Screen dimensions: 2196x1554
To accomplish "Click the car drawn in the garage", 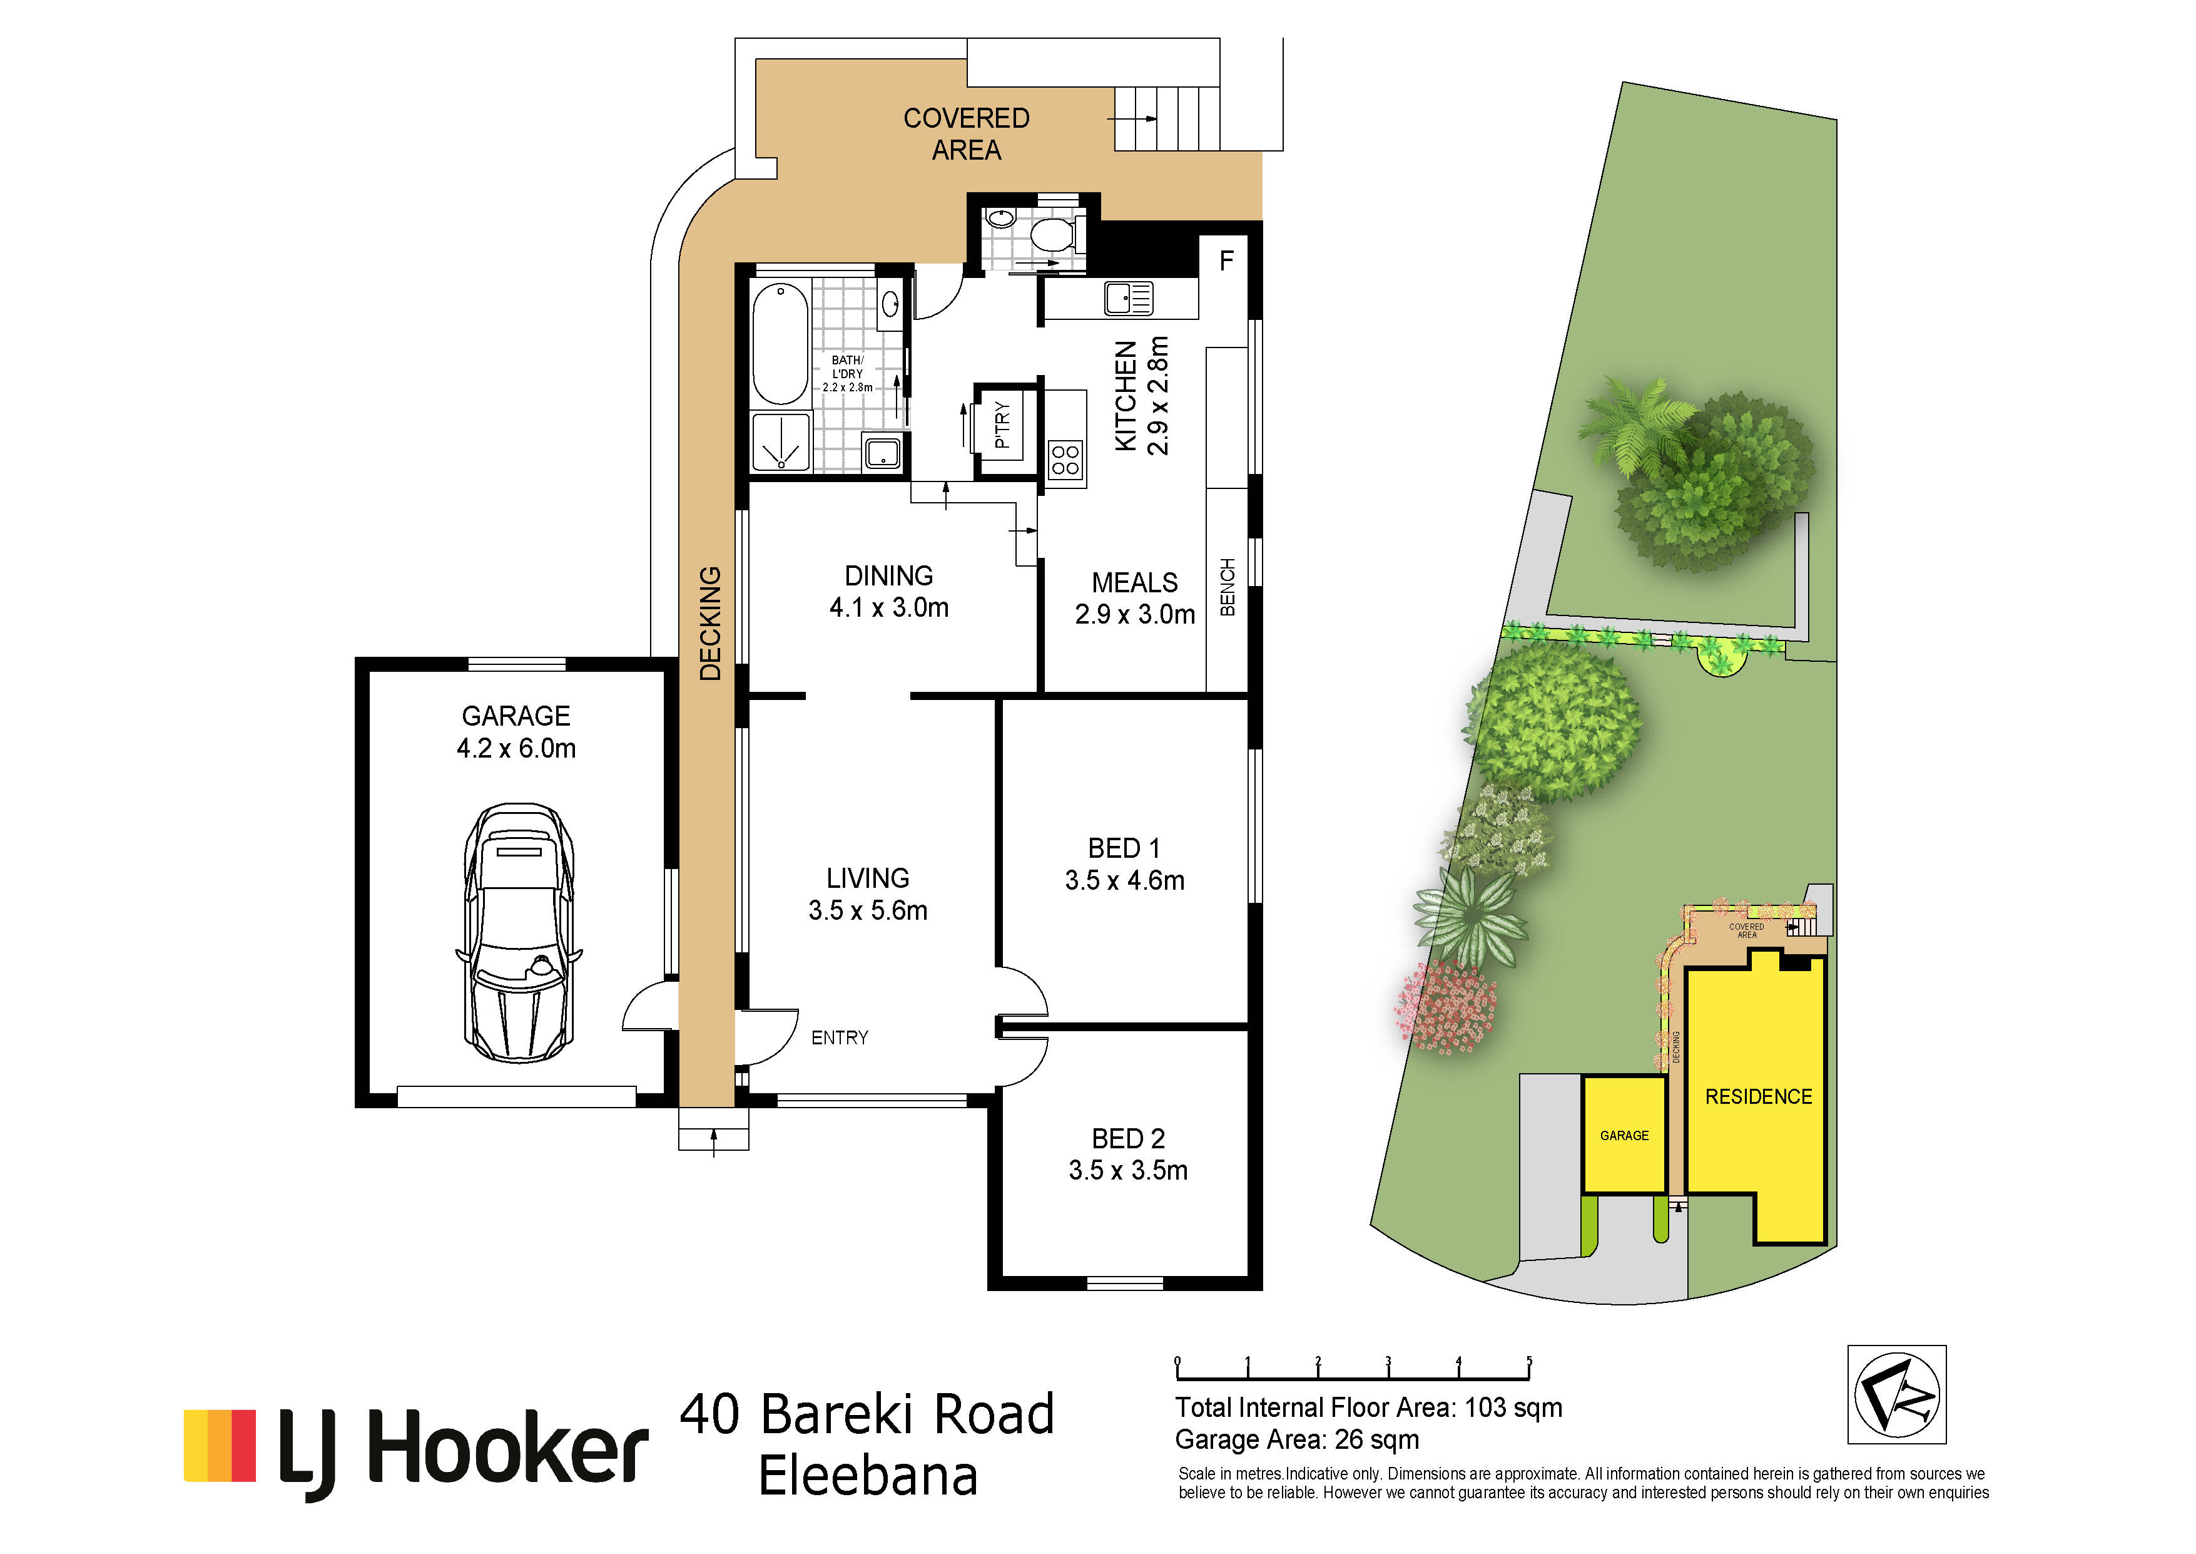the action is (x=519, y=933).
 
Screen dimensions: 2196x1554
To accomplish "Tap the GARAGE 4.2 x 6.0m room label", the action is (x=517, y=732).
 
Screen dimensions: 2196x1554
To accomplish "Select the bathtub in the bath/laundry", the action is (x=780, y=344).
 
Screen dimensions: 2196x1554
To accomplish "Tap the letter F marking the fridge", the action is (x=1227, y=260).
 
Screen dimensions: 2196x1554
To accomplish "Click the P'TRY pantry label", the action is (x=1002, y=425).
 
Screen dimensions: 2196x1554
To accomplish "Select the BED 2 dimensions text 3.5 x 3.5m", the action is (x=1129, y=1170).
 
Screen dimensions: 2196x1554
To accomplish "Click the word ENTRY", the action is (x=840, y=1038).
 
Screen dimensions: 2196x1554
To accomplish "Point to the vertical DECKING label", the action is (x=709, y=624).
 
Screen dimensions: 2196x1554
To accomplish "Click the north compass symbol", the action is (x=1897, y=1394).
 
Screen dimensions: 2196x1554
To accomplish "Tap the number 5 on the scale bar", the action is (x=1529, y=1361).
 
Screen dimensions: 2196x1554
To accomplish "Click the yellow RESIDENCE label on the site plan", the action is (x=1759, y=1096).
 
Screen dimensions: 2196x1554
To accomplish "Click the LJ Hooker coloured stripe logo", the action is (x=220, y=1446).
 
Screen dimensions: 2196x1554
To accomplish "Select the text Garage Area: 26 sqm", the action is (x=1297, y=1440).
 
